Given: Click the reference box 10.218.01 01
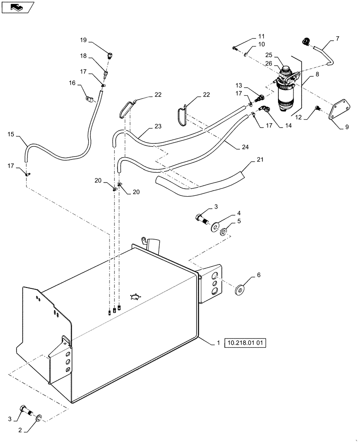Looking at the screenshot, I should pyautogui.click(x=247, y=343).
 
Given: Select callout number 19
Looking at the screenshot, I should pyautogui.click(x=83, y=40).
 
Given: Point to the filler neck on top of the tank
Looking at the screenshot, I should pyautogui.click(x=153, y=244).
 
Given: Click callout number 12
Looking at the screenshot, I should pyautogui.click(x=299, y=117).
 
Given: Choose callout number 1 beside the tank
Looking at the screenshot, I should pyautogui.click(x=218, y=342).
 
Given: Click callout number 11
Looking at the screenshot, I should pyautogui.click(x=261, y=36).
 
